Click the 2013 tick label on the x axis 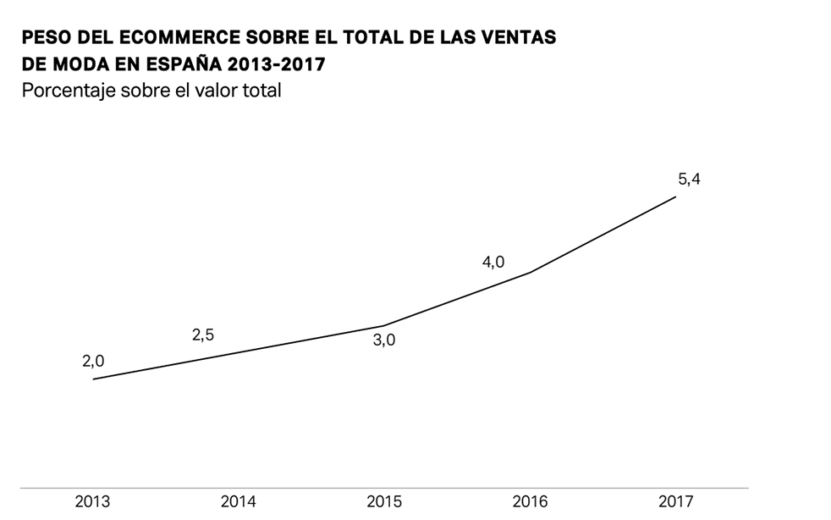92,501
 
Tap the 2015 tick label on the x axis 384,501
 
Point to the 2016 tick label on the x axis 530,501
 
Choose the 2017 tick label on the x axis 675,501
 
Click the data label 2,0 93,361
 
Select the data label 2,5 203,335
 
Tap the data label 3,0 384,342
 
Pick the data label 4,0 493,263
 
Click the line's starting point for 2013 93,379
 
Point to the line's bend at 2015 384,326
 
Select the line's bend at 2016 530,273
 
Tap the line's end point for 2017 675,196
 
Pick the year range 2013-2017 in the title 279,64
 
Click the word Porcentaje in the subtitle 65,91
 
